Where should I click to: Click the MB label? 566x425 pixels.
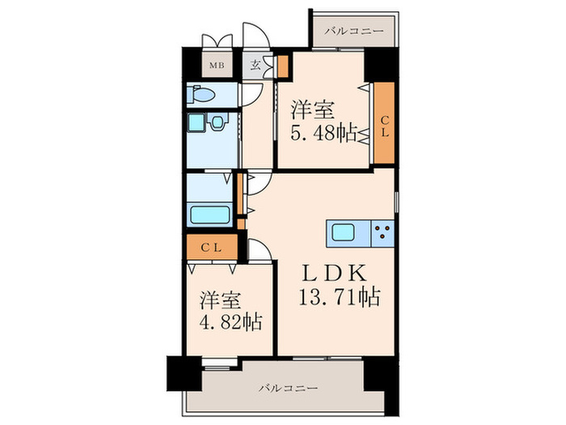(217, 66)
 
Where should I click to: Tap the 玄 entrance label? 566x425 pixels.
(256, 65)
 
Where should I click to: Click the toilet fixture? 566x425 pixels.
(201, 94)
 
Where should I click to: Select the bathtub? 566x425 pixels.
(210, 215)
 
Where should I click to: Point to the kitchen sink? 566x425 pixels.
(344, 232)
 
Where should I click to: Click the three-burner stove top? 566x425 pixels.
(382, 233)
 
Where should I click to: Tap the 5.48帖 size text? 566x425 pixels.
(324, 133)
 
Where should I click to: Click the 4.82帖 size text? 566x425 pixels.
(231, 321)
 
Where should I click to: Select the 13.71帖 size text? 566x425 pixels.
(340, 297)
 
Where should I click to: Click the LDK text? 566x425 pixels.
(335, 274)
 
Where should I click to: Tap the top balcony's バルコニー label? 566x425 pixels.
(354, 32)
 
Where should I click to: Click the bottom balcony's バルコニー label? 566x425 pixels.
(289, 389)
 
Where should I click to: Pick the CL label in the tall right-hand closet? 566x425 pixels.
(385, 125)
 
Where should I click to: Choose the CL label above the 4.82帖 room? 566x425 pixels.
(211, 248)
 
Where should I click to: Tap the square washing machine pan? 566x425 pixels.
(196, 121)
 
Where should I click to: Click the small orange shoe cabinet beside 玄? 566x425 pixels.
(283, 66)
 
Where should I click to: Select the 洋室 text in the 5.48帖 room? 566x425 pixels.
(313, 110)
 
